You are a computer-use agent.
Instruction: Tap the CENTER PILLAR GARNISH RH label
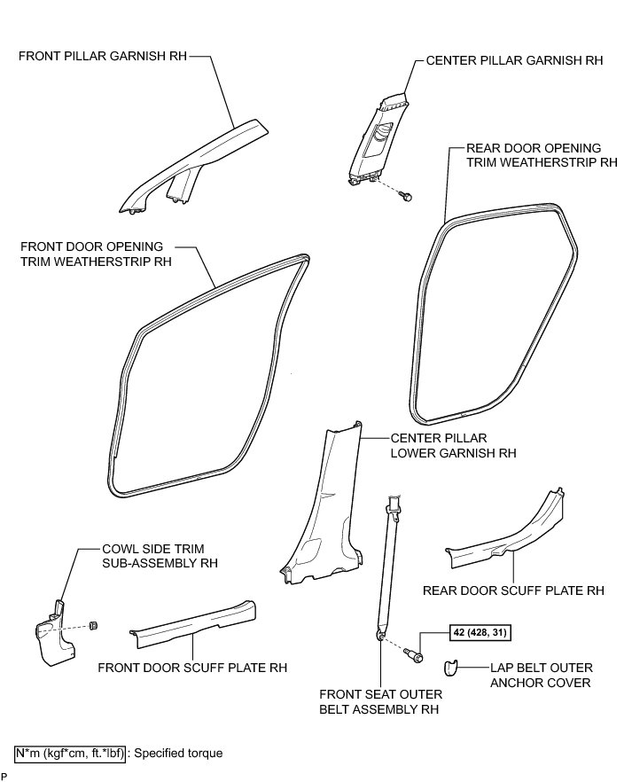[x=514, y=61]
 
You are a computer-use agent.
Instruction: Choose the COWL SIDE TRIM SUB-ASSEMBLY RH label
[x=159, y=555]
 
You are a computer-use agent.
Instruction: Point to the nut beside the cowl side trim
[x=93, y=626]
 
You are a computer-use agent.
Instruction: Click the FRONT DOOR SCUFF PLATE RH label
[x=192, y=668]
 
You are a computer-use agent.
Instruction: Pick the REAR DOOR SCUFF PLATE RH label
[x=513, y=590]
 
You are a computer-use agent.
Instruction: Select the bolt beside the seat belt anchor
[x=414, y=655]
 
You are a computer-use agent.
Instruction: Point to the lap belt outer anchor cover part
[x=450, y=668]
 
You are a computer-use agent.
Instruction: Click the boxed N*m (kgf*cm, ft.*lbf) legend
[x=71, y=753]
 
